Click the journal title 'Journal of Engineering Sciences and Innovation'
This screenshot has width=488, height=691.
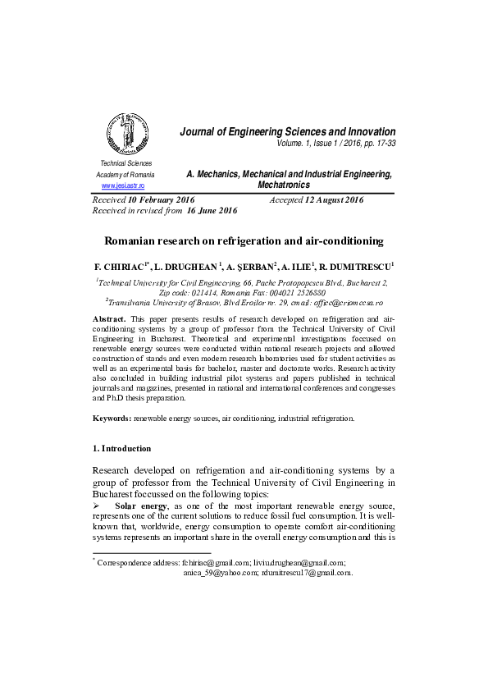pyautogui.click(x=287, y=132)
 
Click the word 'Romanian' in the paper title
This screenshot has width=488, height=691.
pyautogui.click(x=135, y=241)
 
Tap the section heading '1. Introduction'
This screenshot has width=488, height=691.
pyautogui.click(x=121, y=448)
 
